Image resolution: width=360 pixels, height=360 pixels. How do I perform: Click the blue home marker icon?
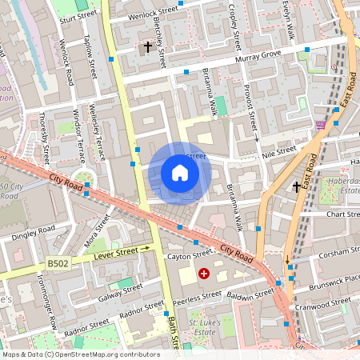coord(180,173)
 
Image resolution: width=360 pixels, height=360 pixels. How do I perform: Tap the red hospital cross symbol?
coord(204,274)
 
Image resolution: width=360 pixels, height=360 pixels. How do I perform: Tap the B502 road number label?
coord(58,262)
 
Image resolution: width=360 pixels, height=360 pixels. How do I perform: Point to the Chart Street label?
coord(339,192)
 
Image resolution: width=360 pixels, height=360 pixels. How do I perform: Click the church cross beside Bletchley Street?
coord(147,47)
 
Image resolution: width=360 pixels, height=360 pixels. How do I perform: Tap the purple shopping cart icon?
coord(321,125)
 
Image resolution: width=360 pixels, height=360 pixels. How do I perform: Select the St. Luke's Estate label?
coord(203,326)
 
